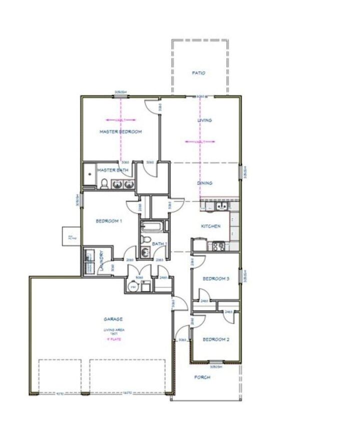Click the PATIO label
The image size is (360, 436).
[198, 73]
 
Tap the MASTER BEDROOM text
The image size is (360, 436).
[120, 132]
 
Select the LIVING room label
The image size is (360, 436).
[204, 120]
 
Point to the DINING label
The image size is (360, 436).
[204, 183]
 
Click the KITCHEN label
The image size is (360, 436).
[210, 226]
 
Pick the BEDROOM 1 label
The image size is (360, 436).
[109, 220]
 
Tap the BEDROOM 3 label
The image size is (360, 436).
[215, 279]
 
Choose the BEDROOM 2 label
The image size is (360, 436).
[215, 339]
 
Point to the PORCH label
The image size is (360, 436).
[202, 377]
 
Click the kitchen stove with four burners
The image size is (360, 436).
[218, 245]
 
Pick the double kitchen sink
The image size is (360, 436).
[220, 206]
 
